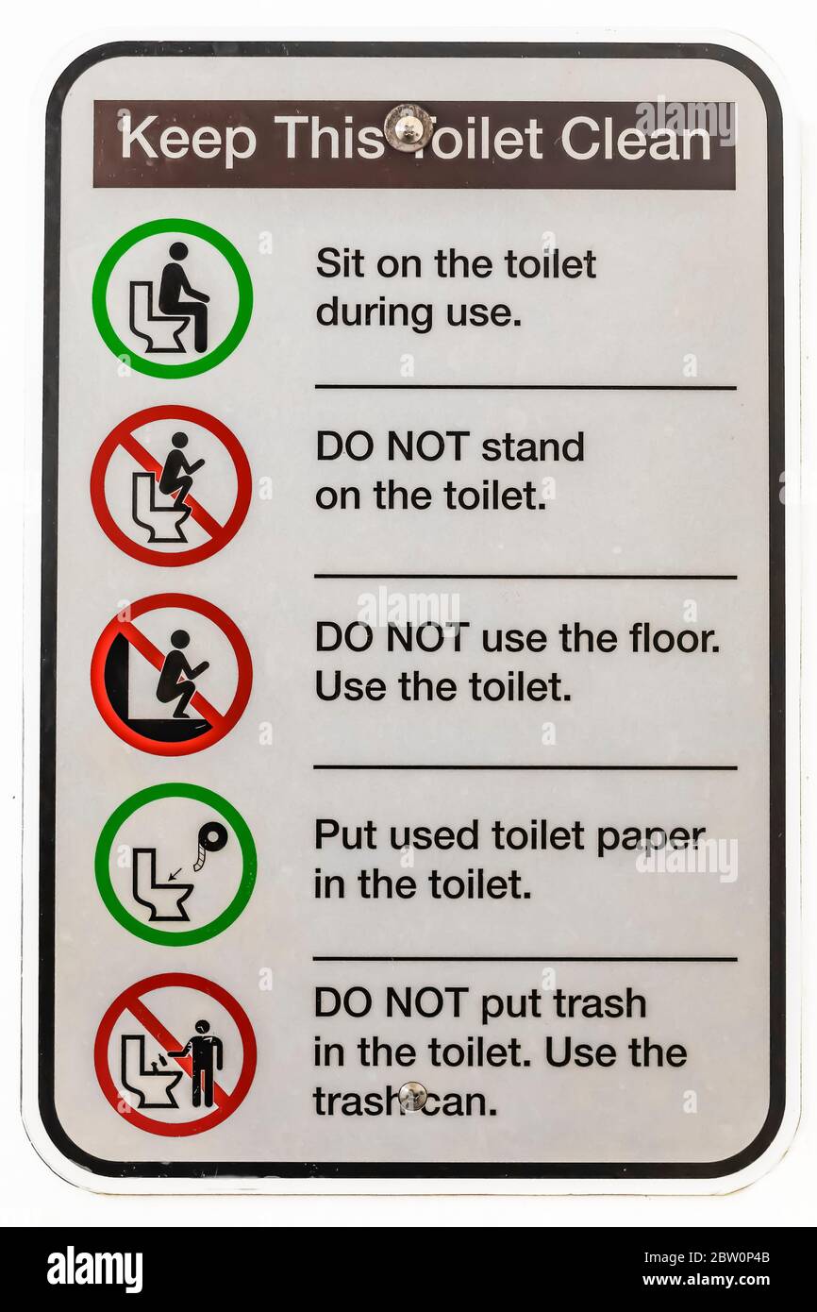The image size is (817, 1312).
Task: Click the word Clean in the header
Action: [636, 140]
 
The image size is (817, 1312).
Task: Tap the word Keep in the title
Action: [189, 141]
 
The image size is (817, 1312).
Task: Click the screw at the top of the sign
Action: [408, 128]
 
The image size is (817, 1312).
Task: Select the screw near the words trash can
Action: [412, 1097]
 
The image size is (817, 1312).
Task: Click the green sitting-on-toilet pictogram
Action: [173, 298]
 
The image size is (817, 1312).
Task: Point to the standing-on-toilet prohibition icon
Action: [171, 485]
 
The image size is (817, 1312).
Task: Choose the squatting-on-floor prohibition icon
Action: [172, 675]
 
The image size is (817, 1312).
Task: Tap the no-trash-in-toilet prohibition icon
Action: [175, 1054]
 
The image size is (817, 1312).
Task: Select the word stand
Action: [533, 447]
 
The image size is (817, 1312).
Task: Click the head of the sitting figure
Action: [178, 251]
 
